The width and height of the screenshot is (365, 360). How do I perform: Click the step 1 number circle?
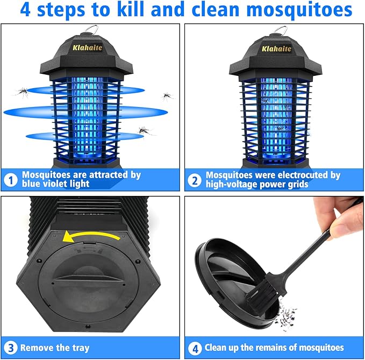coord(10,180)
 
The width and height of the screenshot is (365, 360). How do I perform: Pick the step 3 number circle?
coord(10,348)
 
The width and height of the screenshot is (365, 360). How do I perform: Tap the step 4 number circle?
coord(194,348)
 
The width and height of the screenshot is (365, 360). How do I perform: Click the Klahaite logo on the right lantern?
coord(277,48)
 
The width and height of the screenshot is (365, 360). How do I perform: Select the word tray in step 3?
coord(80,348)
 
